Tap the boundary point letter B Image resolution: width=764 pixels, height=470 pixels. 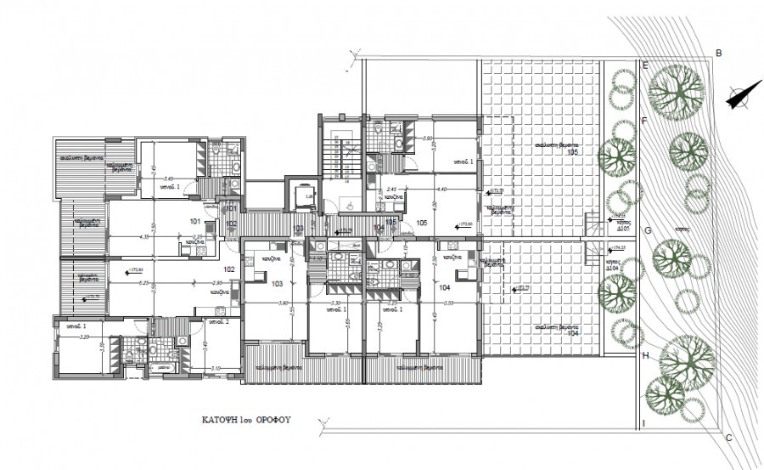(719, 54)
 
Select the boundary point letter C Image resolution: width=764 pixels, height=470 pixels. (727, 438)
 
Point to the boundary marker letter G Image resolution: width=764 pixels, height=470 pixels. (647, 230)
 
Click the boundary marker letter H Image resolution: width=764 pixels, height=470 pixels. (645, 356)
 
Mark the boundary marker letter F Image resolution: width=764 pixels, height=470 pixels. (644, 121)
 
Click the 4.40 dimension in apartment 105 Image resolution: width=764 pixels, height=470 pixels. (441, 190)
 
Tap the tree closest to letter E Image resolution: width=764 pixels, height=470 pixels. (677, 85)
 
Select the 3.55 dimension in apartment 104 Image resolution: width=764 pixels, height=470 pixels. (449, 303)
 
